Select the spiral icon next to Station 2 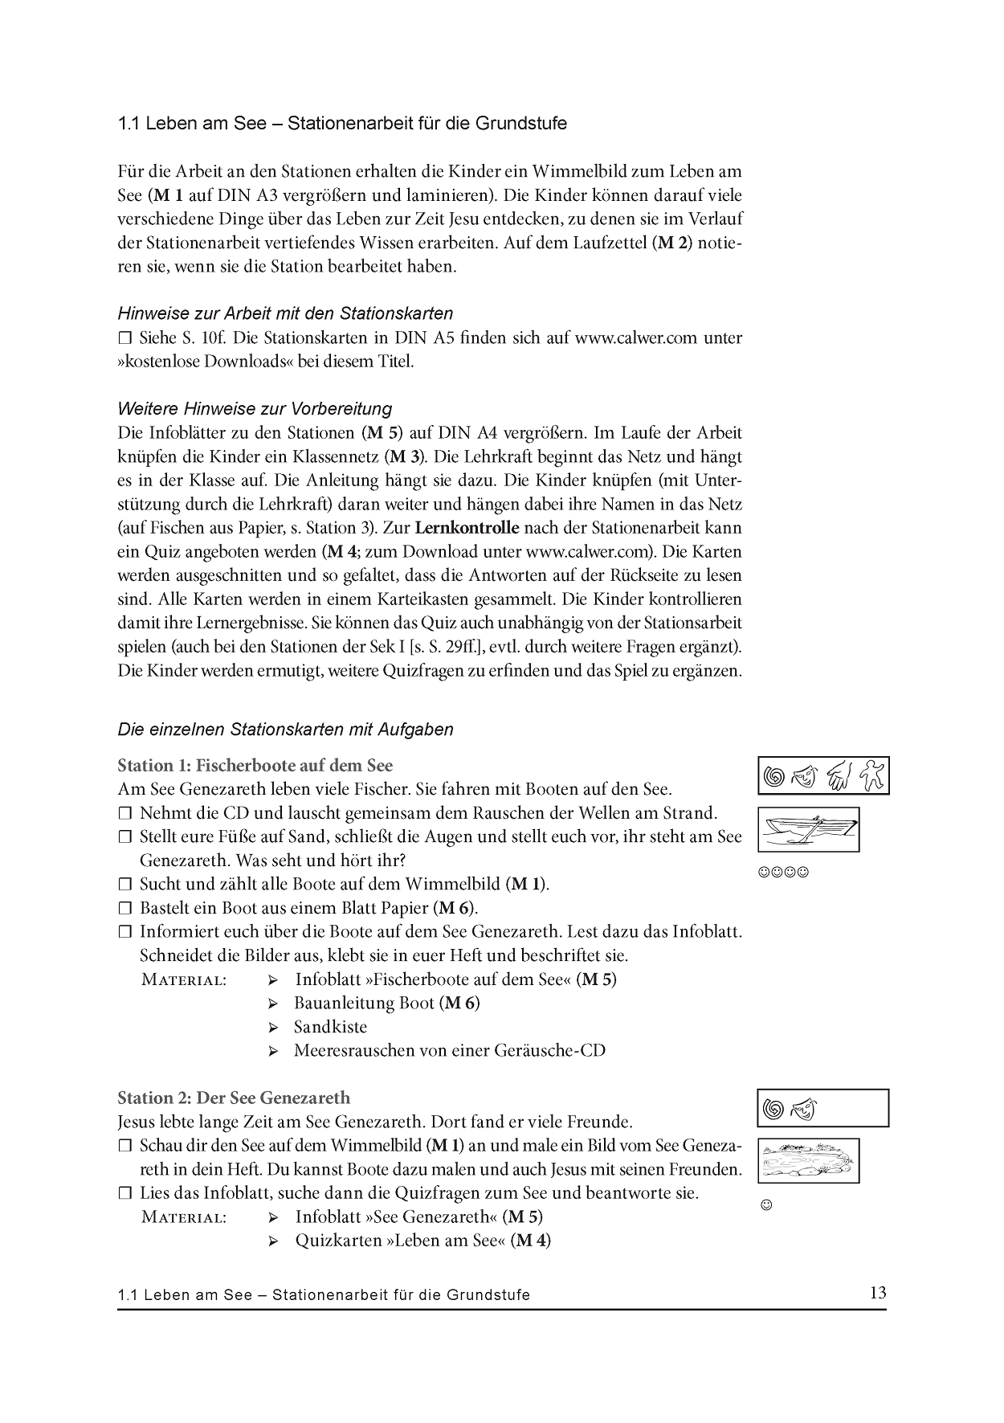(x=773, y=1109)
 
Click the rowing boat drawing (x=808, y=829)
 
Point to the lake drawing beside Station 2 (x=808, y=1160)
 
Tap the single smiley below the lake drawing (x=765, y=1205)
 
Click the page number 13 (x=877, y=1293)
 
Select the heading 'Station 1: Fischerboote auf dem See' (x=255, y=765)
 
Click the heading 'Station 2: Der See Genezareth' (x=234, y=1098)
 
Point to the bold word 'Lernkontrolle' (x=467, y=529)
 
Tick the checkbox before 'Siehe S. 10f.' (x=124, y=337)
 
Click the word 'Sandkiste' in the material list (x=330, y=1027)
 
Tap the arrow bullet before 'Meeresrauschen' (x=273, y=1051)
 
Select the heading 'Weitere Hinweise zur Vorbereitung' (x=255, y=408)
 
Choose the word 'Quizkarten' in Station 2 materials (x=338, y=1240)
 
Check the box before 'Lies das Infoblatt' (x=124, y=1193)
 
